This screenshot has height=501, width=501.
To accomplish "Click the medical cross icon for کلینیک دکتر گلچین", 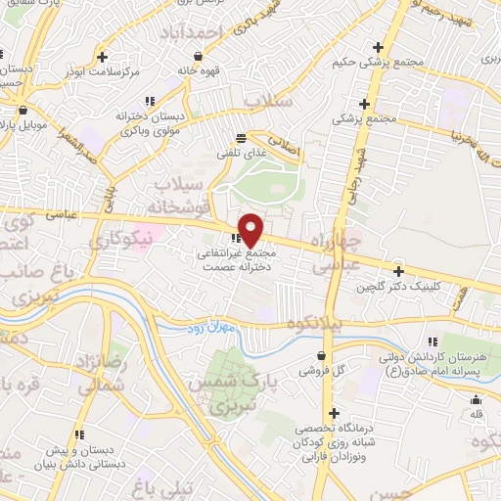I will point(398,271).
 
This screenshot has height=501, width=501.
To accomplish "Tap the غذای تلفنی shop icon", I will point(242,138).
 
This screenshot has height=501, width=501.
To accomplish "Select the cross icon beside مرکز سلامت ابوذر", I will point(116,57).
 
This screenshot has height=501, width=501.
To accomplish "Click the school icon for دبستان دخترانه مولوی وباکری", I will point(150,100).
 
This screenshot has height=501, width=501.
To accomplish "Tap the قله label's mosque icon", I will point(477,399).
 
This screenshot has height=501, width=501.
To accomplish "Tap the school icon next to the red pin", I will point(235,238).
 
